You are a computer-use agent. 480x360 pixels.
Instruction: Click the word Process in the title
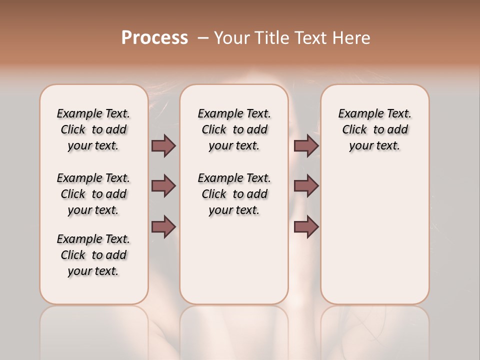(154, 38)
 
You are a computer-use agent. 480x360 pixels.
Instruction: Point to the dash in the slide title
(203, 38)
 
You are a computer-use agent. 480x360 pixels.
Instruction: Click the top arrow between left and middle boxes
(163, 145)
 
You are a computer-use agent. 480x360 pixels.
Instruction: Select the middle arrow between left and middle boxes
(163, 186)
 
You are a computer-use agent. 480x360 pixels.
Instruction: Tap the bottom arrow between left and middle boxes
(163, 227)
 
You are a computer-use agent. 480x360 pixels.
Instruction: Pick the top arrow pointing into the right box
(306, 145)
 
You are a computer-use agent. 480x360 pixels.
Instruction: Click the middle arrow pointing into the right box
(306, 186)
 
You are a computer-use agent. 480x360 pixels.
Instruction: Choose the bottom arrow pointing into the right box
(306, 227)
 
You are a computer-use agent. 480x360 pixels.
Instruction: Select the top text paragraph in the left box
(93, 129)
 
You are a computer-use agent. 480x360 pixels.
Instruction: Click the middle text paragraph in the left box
(93, 194)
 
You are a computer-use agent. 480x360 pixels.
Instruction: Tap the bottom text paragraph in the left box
(93, 255)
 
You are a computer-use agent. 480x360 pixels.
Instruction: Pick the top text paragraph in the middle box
(234, 129)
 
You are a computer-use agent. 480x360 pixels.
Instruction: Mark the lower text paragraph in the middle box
(234, 194)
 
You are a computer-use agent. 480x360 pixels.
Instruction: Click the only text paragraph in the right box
(374, 129)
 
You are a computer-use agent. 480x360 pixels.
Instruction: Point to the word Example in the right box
(358, 114)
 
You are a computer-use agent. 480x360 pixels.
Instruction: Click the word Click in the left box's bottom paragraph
(73, 255)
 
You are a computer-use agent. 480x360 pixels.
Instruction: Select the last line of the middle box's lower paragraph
(234, 210)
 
